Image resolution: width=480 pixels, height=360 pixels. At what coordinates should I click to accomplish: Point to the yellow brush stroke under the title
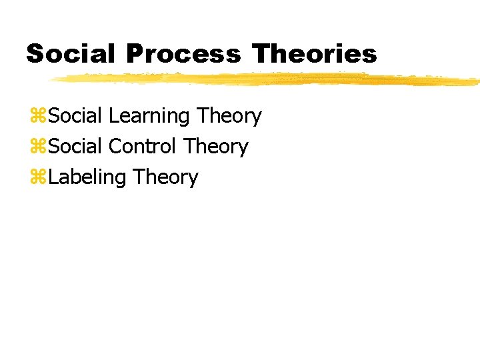pyautogui.click(x=267, y=80)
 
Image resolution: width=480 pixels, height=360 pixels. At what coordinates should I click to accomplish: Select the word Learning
pyautogui.click(x=149, y=117)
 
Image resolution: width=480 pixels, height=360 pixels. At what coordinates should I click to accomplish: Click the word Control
pyautogui.click(x=142, y=147)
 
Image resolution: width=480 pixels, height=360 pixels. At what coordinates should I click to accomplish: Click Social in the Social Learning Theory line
pyautogui.click(x=75, y=116)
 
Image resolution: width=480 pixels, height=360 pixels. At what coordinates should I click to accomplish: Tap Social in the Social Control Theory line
pyautogui.click(x=75, y=147)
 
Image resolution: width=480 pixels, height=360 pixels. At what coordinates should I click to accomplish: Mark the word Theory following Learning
pyautogui.click(x=229, y=117)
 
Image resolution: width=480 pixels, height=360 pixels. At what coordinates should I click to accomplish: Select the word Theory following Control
pyautogui.click(x=215, y=147)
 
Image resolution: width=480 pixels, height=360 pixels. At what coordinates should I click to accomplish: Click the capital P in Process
pyautogui.click(x=133, y=53)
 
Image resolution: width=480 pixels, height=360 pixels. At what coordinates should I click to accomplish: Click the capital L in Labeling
pyautogui.click(x=53, y=177)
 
